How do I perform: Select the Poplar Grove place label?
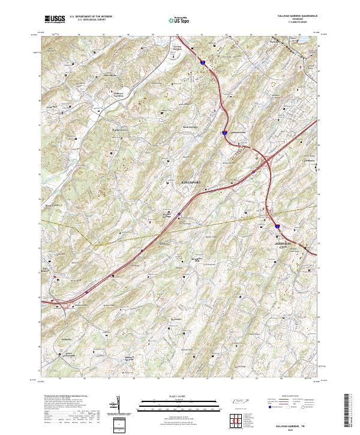[120, 128]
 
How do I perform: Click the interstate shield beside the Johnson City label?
[277, 227]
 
